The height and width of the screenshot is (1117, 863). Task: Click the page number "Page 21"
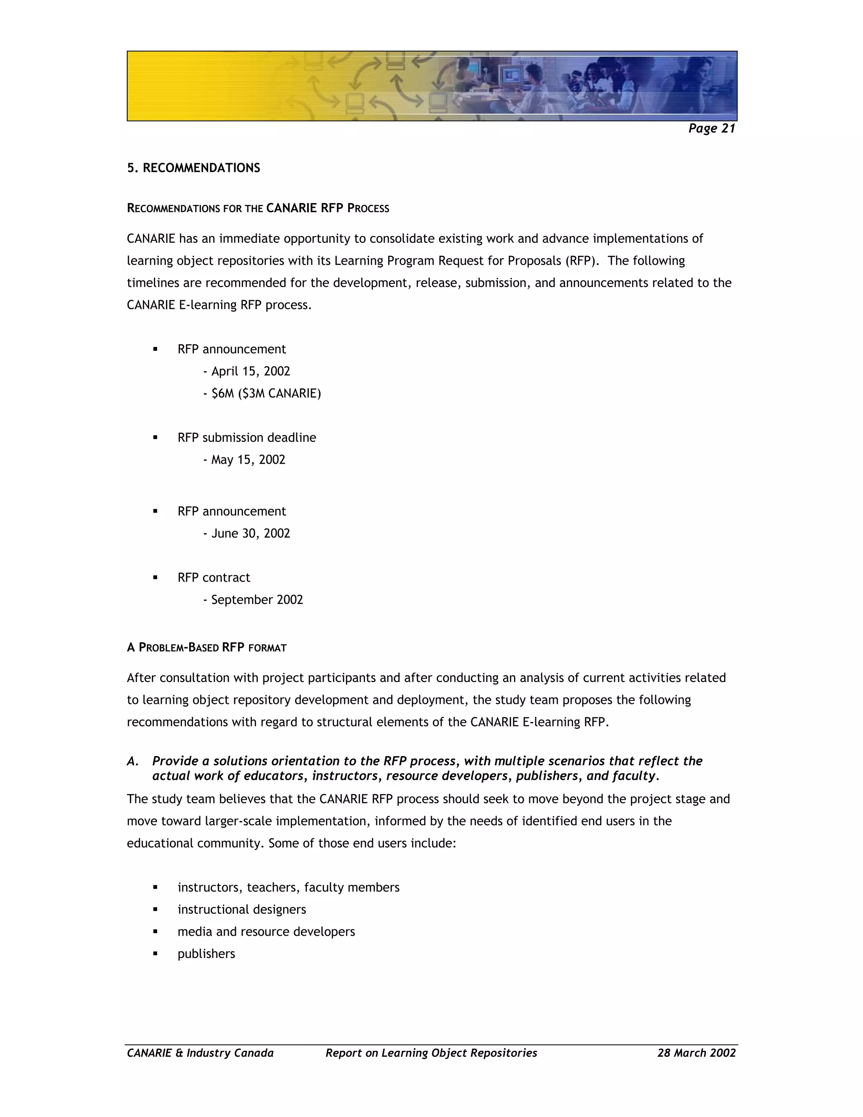(x=711, y=129)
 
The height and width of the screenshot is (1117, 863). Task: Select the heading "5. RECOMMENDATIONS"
(x=193, y=168)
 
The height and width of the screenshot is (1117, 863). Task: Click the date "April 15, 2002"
(x=251, y=371)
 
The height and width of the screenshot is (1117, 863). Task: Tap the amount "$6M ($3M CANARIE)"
(x=266, y=393)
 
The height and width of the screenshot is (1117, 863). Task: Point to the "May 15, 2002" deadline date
(x=248, y=459)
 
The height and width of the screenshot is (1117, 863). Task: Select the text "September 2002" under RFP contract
(x=257, y=599)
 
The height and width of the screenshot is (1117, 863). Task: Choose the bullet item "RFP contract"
(x=214, y=577)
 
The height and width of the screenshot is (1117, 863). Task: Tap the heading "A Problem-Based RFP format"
(x=206, y=647)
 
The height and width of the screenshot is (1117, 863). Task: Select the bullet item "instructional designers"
(x=241, y=909)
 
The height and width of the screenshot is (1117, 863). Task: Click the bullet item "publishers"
(x=206, y=954)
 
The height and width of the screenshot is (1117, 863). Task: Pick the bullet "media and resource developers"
(x=266, y=932)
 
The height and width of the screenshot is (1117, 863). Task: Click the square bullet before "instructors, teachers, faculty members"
(x=155, y=887)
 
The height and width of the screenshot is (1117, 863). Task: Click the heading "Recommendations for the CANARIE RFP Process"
(x=257, y=208)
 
